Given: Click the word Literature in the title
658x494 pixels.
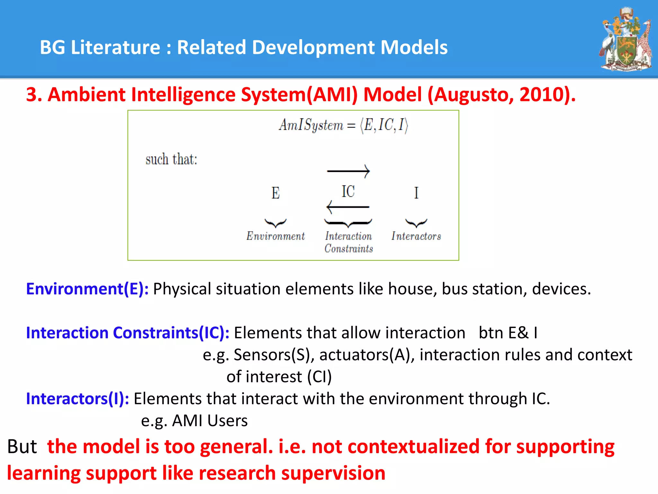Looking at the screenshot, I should pyautogui.click(x=115, y=47).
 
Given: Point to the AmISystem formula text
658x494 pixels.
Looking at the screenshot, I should pyautogui.click(x=343, y=125).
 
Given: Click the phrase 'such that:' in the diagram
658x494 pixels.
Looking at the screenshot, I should pyautogui.click(x=171, y=160).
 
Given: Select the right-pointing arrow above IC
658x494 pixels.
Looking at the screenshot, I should pyautogui.click(x=348, y=171).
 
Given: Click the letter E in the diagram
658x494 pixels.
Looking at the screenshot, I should pyautogui.click(x=275, y=193).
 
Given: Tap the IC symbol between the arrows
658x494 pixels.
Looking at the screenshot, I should pyautogui.click(x=348, y=192).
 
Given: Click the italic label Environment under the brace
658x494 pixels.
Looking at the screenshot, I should pyautogui.click(x=275, y=236).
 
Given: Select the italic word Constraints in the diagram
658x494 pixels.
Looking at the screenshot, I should pyautogui.click(x=349, y=249).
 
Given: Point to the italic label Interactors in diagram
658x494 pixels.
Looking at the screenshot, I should pyautogui.click(x=416, y=236).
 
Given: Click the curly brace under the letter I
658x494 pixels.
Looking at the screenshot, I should pyautogui.click(x=416, y=223).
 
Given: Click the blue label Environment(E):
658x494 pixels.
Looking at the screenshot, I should pyautogui.click(x=87, y=289).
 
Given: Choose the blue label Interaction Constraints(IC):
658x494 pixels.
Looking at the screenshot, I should pyautogui.click(x=128, y=333).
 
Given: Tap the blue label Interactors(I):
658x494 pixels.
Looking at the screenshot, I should pyautogui.click(x=77, y=399).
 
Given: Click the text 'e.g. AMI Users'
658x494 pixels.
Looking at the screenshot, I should pyautogui.click(x=194, y=421).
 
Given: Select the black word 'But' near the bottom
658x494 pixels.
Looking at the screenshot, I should pyautogui.click(x=22, y=447).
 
